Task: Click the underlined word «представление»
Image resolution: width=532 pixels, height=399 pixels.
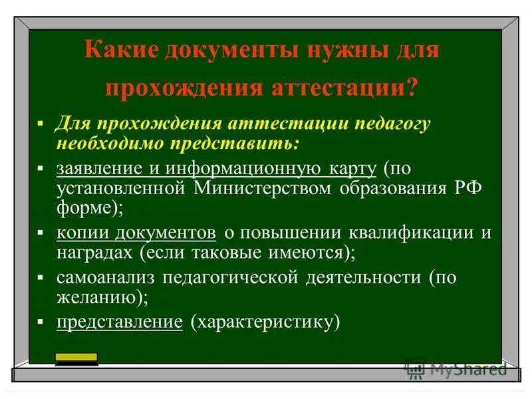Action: click(x=120, y=323)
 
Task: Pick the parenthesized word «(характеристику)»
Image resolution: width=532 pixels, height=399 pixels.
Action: click(x=265, y=323)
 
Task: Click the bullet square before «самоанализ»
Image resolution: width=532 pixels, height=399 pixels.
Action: click(x=41, y=277)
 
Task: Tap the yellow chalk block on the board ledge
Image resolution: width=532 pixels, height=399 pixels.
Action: click(x=76, y=359)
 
